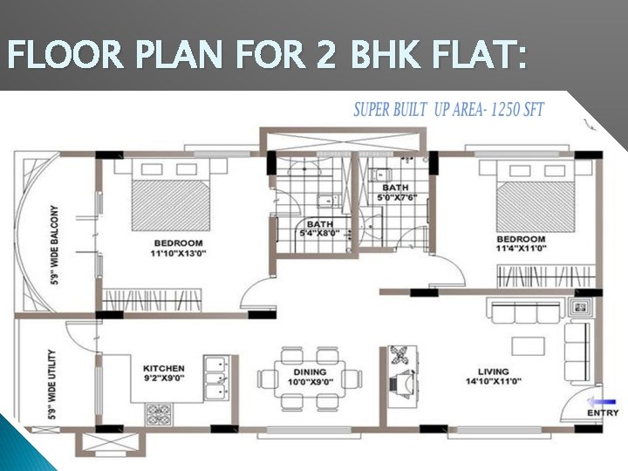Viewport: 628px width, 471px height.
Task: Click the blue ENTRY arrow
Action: pyautogui.click(x=602, y=401)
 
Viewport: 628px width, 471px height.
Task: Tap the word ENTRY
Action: pyautogui.click(x=604, y=413)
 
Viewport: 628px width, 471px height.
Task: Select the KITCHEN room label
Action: pyautogui.click(x=164, y=368)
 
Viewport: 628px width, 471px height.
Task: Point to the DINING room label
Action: pyautogui.click(x=310, y=372)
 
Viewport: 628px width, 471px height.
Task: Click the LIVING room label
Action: pyautogui.click(x=494, y=372)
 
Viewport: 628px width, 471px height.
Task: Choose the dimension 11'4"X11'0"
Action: pyautogui.click(x=522, y=249)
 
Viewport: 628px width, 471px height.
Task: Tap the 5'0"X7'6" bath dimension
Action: pyautogui.click(x=398, y=197)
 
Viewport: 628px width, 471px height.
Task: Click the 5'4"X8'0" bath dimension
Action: pyautogui.click(x=319, y=233)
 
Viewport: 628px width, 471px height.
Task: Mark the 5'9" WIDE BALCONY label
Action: pyautogui.click(x=54, y=245)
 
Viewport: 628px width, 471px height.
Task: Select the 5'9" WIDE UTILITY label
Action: pyautogui.click(x=52, y=385)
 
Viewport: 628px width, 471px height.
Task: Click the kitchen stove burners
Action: pyautogui.click(x=160, y=415)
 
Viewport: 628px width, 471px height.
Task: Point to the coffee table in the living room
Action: pyautogui.click(x=529, y=346)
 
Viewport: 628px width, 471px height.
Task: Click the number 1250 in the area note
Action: pyautogui.click(x=505, y=109)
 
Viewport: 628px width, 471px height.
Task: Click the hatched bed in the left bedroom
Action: pyautogui.click(x=171, y=205)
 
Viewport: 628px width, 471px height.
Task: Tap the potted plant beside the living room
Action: pyautogui.click(x=399, y=355)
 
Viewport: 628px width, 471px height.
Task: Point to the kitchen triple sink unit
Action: pyautogui.click(x=216, y=378)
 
